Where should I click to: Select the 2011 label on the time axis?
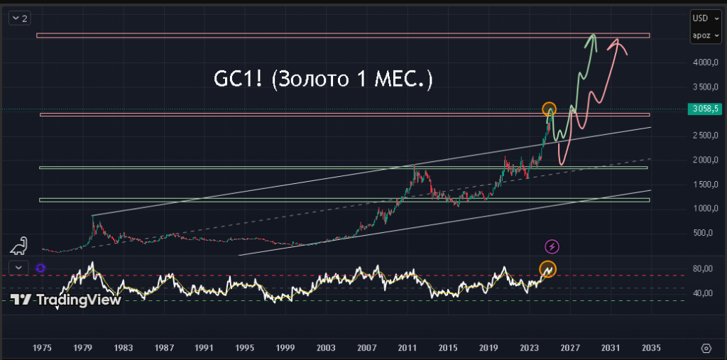coord(407,348)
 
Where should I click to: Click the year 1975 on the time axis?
coord(43,348)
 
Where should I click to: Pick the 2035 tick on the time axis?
coord(651,348)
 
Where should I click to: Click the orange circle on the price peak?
coord(549,109)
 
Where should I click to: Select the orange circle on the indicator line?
coord(547,268)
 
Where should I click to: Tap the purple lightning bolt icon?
coord(552,246)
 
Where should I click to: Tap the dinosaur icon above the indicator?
coord(19,246)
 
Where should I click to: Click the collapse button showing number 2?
coord(19,18)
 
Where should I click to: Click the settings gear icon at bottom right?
coord(705,348)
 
